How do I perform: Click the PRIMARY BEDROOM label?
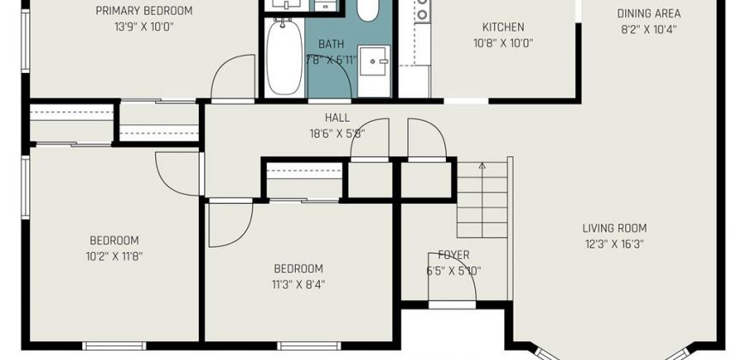tap(144, 10)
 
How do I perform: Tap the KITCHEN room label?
tap(502, 27)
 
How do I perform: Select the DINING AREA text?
tap(648, 14)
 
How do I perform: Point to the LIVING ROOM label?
tap(614, 228)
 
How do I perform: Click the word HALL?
tap(337, 117)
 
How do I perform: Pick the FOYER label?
tap(454, 255)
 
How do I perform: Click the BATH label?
tap(331, 45)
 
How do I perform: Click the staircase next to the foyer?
tap(483, 200)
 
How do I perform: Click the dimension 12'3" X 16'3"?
tap(614, 244)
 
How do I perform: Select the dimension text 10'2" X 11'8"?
tap(114, 256)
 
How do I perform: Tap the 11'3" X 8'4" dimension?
tap(298, 285)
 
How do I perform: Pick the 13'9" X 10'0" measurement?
tap(144, 27)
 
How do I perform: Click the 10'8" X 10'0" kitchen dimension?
tap(502, 43)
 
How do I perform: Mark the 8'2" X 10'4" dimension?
tap(648, 29)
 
